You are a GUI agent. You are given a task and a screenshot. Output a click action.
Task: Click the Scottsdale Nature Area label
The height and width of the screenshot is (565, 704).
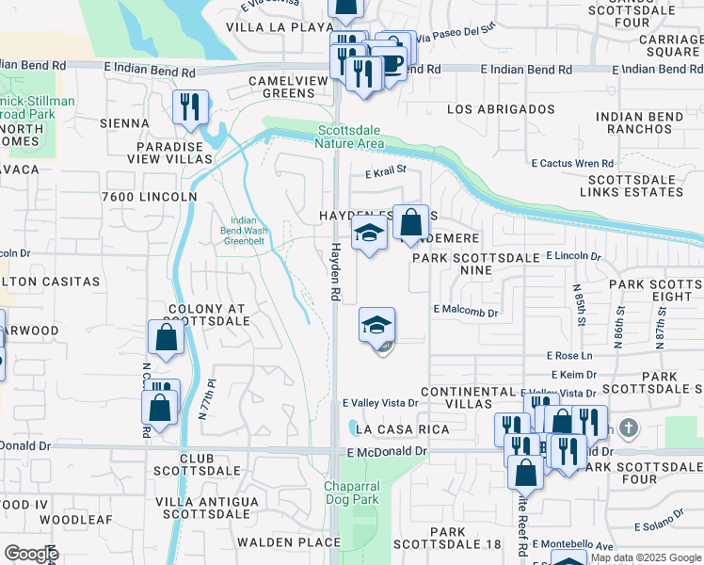click(352, 137)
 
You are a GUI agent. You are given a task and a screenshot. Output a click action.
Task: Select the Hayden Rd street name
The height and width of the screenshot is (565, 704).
click(334, 273)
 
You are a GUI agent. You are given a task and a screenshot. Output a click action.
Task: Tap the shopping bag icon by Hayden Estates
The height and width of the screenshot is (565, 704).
click(410, 223)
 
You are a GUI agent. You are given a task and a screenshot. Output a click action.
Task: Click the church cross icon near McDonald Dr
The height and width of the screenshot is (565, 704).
click(629, 428)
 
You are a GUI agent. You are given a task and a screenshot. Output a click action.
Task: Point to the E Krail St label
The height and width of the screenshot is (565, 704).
click(385, 171)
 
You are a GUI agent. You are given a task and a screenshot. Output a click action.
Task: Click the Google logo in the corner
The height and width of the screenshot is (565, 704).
click(31, 554)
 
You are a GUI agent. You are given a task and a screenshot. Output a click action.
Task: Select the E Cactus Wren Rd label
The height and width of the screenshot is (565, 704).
click(572, 163)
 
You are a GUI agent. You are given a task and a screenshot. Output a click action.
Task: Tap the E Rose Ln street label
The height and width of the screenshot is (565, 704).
click(570, 356)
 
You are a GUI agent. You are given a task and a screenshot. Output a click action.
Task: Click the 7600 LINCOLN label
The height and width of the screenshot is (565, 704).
click(149, 197)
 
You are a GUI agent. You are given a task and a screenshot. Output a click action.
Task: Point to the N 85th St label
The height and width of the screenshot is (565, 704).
click(579, 300)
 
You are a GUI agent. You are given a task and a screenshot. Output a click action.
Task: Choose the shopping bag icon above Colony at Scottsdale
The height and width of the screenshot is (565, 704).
click(166, 339)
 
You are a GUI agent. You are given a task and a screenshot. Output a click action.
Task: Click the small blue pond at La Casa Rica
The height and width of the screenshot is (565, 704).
click(351, 428)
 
